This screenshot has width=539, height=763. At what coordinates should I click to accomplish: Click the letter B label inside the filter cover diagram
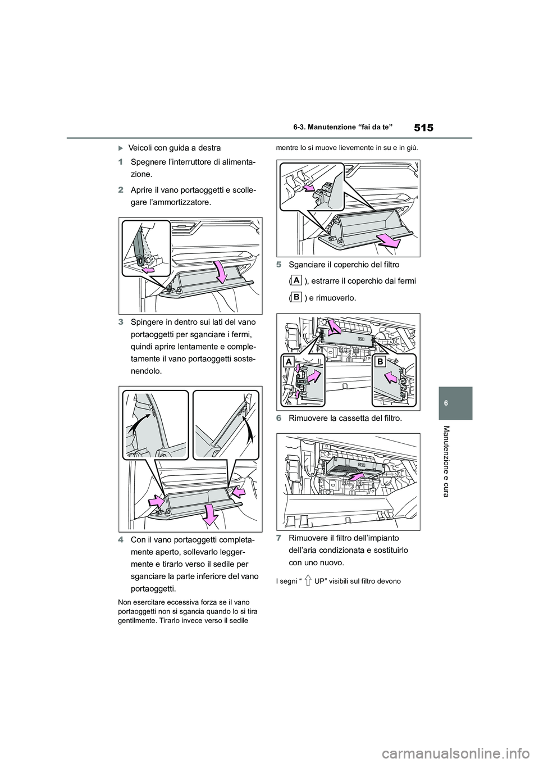point(380,362)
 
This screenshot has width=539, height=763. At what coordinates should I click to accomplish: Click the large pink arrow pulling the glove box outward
point(388,241)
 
